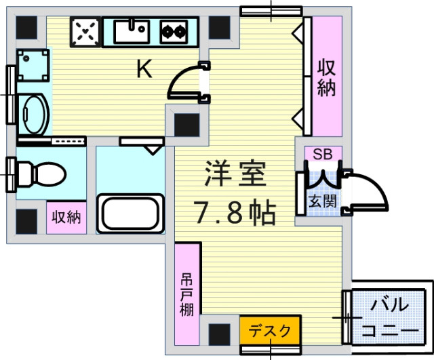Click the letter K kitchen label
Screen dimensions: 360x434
tap(144, 69)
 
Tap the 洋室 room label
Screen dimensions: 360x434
tap(235, 175)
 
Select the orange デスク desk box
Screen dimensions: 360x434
tap(269, 331)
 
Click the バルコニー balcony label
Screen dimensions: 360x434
tap(389, 317)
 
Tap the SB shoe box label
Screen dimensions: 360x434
tap(322, 154)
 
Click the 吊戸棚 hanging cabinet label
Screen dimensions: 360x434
tap(187, 294)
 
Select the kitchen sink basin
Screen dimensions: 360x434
tap(132, 30)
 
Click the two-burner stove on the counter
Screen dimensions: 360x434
tap(174, 31)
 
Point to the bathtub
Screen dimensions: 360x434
tap(132, 213)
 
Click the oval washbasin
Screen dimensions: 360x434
tap(32, 113)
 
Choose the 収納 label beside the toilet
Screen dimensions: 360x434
tap(66, 218)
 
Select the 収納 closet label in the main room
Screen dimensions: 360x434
tap(327, 77)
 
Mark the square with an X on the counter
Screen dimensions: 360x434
tap(85, 31)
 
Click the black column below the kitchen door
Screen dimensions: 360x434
tap(186, 125)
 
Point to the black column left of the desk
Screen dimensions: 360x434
tap(220, 334)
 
